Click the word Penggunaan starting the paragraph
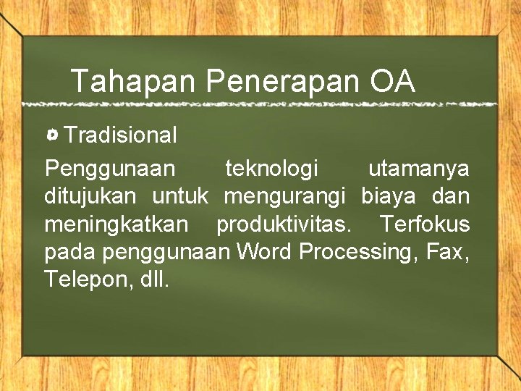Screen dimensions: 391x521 pyautogui.click(x=109, y=169)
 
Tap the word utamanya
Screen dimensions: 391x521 pyautogui.click(x=418, y=169)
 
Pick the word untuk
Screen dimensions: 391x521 pyautogui.click(x=180, y=196)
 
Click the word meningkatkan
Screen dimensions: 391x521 pyautogui.click(x=117, y=224)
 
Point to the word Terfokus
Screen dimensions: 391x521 pyautogui.click(x=425, y=224)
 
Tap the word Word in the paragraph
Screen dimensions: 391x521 pyautogui.click(x=264, y=252)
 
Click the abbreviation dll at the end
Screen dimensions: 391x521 pyautogui.click(x=153, y=280)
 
